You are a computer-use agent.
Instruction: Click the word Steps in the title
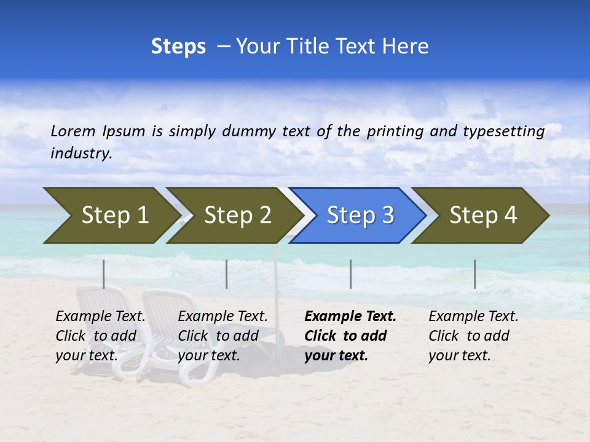178,47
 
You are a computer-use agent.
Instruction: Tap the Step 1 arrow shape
111,215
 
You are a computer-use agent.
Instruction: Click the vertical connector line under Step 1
104,274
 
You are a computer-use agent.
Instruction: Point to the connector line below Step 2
227,274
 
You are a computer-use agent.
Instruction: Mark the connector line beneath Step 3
351,274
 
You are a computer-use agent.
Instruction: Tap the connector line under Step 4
475,274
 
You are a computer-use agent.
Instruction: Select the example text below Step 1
100,336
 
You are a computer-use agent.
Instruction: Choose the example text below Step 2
222,336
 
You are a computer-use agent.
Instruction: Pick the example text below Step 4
473,336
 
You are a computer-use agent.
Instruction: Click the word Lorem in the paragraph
73,131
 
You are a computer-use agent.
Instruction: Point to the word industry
81,153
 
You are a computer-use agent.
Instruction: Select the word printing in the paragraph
393,131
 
